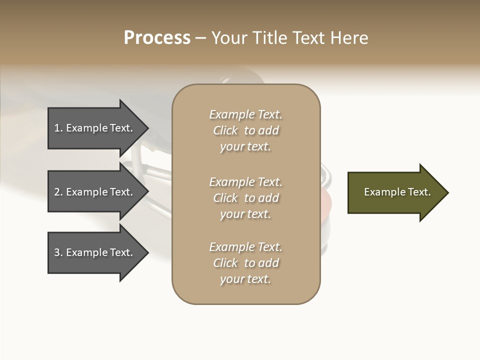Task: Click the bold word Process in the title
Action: coord(157,38)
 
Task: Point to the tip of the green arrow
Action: coord(447,192)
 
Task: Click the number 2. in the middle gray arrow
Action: coord(58,192)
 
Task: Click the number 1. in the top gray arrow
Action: coord(58,128)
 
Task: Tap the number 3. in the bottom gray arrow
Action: coord(58,252)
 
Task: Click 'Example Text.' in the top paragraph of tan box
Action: coord(245,114)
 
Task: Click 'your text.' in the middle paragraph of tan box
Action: coord(245,214)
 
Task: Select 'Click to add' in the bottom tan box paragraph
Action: coord(245,263)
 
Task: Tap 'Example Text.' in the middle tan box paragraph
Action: coord(245,182)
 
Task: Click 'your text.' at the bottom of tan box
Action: coord(245,279)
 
